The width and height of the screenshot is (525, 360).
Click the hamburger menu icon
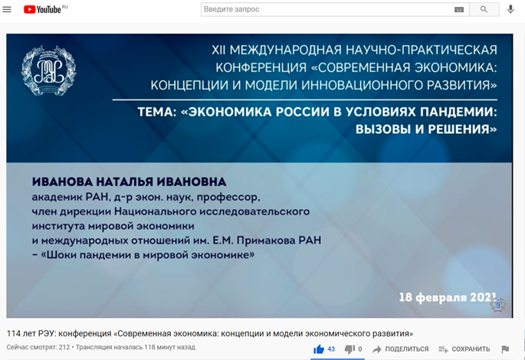7,9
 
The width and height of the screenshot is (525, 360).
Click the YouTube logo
42,9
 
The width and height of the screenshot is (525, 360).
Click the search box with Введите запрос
335,9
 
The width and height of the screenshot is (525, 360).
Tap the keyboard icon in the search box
459,9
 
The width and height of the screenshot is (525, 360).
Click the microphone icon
510,9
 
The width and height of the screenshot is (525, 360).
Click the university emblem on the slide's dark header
48,70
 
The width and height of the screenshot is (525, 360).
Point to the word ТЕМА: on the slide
157,112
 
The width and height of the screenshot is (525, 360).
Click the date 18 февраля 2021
448,297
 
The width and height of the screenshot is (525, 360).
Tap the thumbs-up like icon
319,349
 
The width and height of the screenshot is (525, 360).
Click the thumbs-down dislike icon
349,349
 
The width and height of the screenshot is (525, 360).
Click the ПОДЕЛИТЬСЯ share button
400,349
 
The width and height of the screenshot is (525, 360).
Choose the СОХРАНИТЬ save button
464,349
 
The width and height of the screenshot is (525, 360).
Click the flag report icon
505,349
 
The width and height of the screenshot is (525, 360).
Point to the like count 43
331,349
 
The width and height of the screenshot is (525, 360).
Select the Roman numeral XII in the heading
218,51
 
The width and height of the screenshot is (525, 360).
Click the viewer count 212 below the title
64,347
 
